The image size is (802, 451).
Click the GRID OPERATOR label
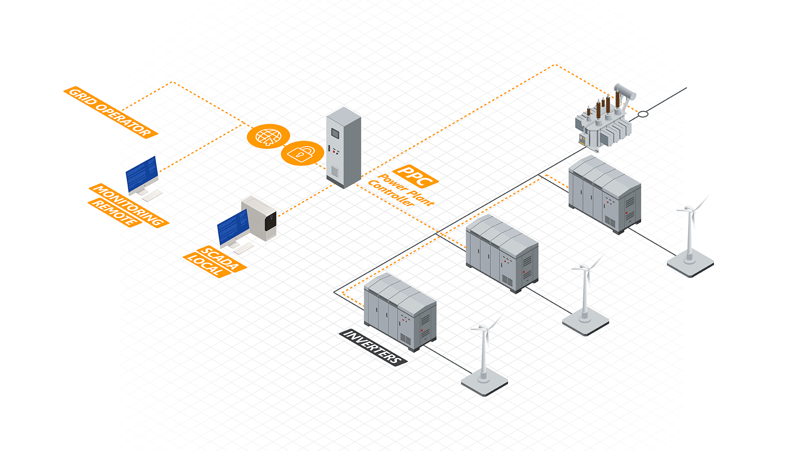point(111,112)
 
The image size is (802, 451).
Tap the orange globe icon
point(268,136)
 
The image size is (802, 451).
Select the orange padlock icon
point(302,153)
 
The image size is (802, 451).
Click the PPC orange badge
point(415,176)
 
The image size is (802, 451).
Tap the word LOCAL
point(207,265)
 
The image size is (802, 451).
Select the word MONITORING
point(129,205)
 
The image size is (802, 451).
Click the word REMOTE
point(115,213)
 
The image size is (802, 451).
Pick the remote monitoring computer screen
point(142,174)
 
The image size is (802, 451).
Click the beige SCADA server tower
point(259,218)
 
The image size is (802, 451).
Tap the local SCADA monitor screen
point(233,228)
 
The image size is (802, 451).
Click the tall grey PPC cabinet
point(344,147)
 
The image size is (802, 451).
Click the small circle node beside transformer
point(643,114)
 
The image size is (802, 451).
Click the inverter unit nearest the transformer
point(605,195)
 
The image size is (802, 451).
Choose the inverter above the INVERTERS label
point(400,312)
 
